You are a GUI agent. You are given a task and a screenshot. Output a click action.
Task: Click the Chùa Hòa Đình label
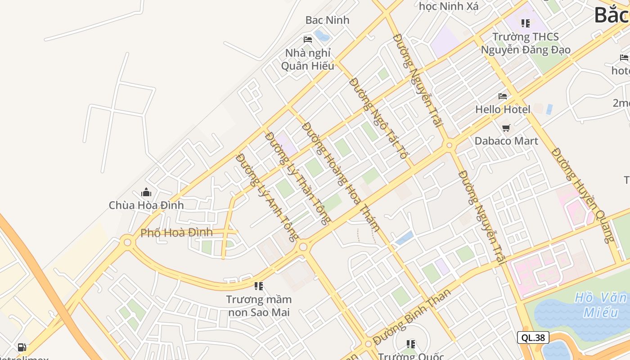coord(146,205)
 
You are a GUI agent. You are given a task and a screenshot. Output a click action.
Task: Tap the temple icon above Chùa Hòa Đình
coord(146,193)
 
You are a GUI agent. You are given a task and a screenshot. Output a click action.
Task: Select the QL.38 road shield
coord(533,337)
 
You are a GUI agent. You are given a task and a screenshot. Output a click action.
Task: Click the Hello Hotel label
coord(503,109)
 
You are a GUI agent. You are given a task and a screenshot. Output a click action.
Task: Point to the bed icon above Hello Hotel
coord(503,96)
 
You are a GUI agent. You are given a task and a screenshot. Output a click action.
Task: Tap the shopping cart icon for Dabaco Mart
coord(506,128)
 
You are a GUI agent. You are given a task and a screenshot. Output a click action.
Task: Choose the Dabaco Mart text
coord(506,141)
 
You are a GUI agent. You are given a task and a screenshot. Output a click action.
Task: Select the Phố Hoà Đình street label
coord(176,233)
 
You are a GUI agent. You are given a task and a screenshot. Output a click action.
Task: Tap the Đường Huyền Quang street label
coord(583,195)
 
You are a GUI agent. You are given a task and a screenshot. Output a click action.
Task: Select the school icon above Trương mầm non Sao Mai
coord(259,286)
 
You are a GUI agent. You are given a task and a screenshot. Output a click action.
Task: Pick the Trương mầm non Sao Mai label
coord(259,306)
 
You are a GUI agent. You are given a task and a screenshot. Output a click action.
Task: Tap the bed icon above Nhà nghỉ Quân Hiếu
coord(308,40)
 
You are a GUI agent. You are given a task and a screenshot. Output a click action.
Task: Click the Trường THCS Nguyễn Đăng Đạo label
coord(526,43)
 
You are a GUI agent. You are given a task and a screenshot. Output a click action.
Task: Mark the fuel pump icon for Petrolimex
coord(22,347)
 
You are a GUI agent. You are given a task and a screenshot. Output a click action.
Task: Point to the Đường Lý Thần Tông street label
coord(297,178)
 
